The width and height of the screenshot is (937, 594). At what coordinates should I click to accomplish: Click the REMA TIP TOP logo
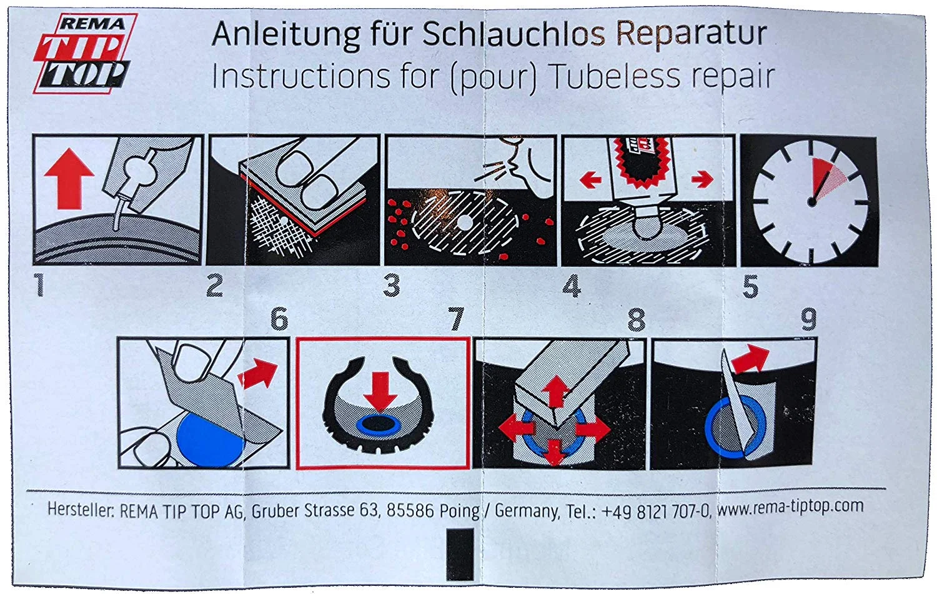point(86,53)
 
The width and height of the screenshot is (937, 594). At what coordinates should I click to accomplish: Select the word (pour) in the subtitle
point(493,78)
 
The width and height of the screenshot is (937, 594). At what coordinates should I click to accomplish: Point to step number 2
point(215,286)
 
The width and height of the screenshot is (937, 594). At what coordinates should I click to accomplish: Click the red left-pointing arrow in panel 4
point(591,181)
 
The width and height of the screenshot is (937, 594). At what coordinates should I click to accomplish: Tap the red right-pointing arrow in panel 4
point(702,179)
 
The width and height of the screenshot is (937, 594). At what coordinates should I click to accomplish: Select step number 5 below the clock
point(750,286)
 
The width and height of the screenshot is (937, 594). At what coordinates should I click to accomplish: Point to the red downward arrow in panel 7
point(380,391)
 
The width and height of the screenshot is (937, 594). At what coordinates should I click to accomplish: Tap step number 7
point(457,318)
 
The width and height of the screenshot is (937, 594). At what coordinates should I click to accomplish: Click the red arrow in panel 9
point(751,358)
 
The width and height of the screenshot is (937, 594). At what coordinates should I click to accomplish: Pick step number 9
point(808,319)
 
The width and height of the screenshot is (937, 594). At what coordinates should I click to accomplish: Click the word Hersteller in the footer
point(81,510)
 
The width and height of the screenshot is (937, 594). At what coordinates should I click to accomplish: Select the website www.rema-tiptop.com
point(790,507)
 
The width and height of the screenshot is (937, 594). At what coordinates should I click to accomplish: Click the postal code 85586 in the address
point(410,510)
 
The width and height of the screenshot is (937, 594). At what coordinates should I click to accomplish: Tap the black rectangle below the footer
point(460,554)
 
